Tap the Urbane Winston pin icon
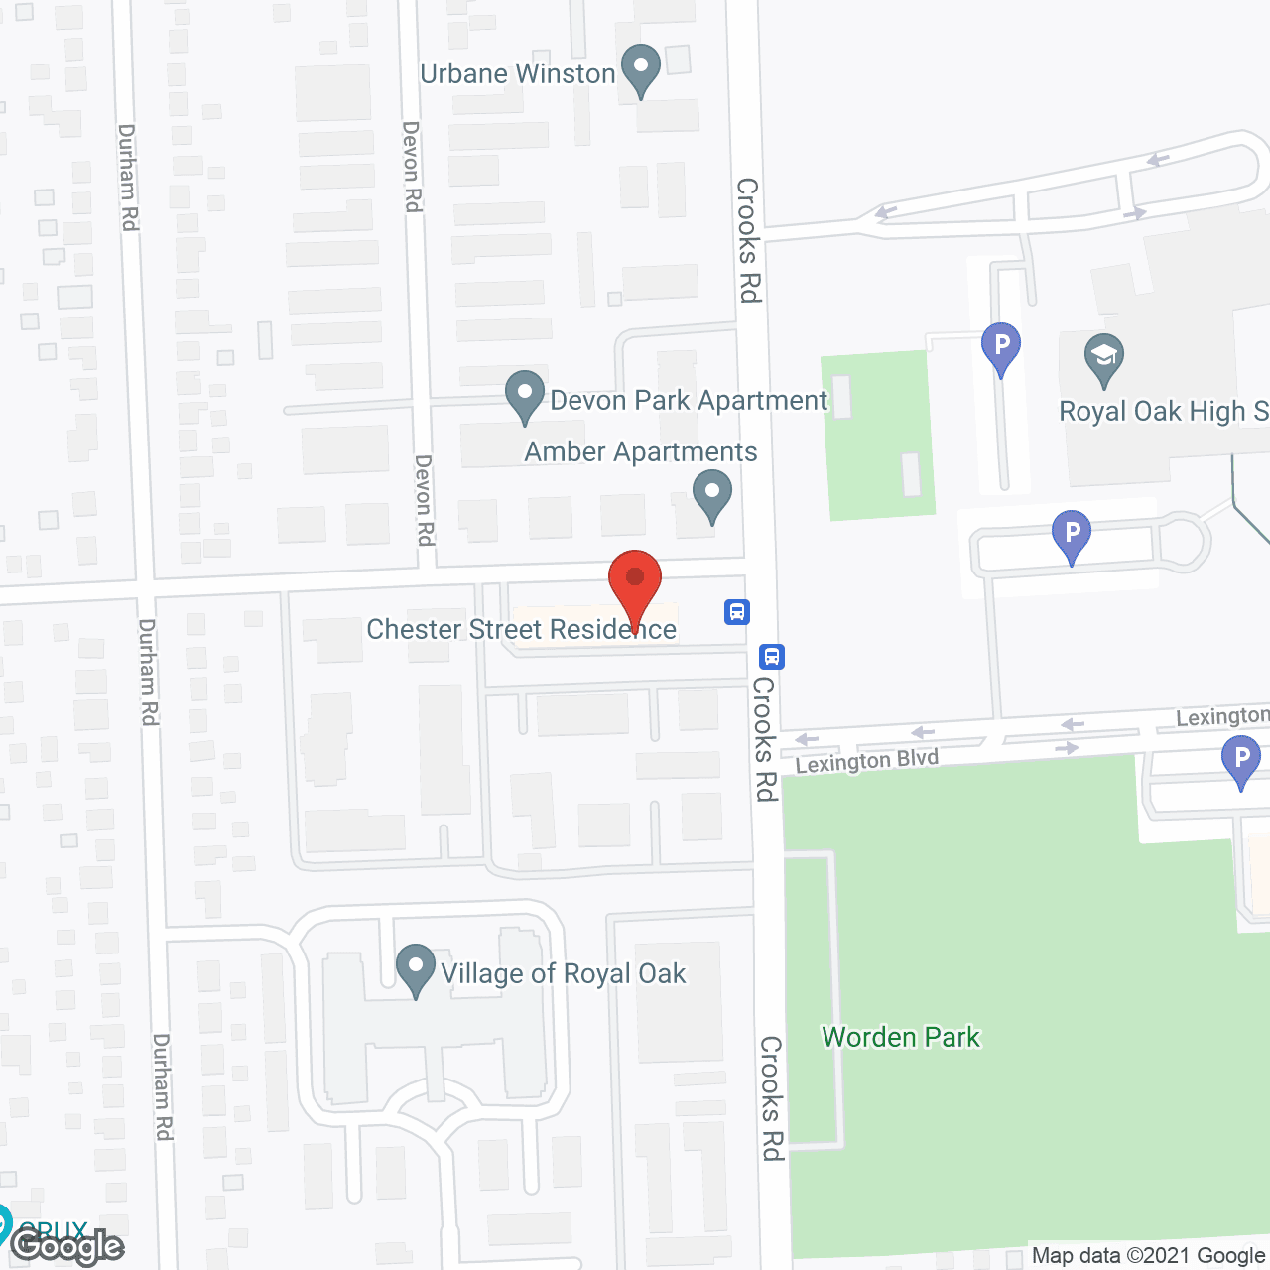640,69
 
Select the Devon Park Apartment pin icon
524,396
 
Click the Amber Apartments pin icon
711,494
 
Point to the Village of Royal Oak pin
416,968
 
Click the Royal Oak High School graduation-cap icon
1103,358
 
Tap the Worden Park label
901,1038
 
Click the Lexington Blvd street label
866,761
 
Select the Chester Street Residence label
521,629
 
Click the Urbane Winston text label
517,74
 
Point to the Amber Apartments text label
640,452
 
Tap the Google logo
67,1246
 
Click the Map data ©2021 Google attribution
1149,1256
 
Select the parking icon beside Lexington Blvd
1240,762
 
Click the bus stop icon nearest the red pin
736,611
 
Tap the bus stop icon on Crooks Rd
772,656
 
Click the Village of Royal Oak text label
563,974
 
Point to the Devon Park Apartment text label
688,401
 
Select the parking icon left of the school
1001,347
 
